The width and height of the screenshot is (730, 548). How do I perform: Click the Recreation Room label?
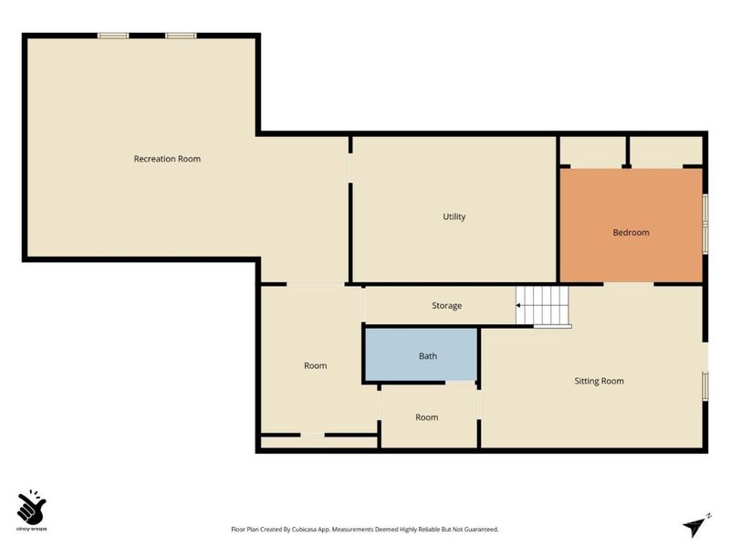tap(167, 159)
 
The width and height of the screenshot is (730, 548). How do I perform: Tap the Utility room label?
tap(454, 216)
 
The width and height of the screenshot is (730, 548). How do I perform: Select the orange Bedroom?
tap(631, 226)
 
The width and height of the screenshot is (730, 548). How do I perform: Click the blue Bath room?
tap(421, 354)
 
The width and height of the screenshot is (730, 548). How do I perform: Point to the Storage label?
tap(446, 306)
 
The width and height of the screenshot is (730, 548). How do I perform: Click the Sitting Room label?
tap(599, 381)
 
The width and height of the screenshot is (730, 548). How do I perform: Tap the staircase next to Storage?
tap(543, 306)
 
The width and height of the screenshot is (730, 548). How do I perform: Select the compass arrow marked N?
tap(696, 527)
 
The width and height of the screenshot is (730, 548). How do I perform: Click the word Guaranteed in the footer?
tap(481, 530)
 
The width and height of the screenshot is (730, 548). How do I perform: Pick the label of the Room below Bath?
tap(426, 417)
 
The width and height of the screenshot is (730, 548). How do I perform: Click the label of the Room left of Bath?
tap(315, 366)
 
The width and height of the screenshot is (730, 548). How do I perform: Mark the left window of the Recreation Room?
tap(113, 36)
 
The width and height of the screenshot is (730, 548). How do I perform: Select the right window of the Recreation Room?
tap(181, 36)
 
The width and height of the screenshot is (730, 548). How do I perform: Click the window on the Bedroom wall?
tap(705, 224)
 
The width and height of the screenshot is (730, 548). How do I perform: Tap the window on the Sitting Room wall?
tap(705, 385)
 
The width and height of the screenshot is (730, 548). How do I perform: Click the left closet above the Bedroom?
tap(592, 151)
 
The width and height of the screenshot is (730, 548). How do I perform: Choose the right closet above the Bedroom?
tap(667, 151)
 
